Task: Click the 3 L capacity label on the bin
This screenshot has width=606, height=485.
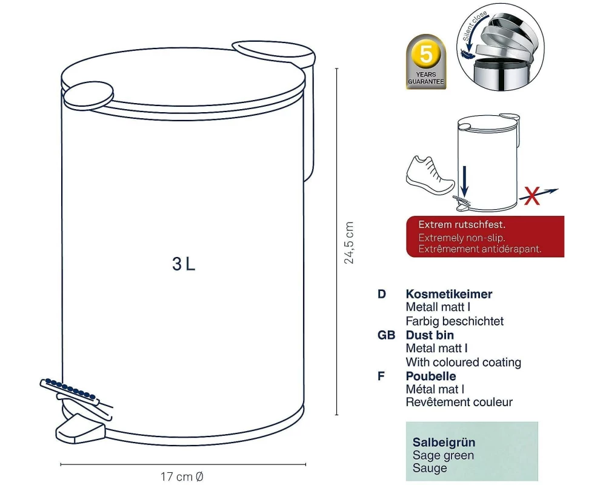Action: tap(184, 264)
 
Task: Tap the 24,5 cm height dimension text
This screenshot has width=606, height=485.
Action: tap(349, 242)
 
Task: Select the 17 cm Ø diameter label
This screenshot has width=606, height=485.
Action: tap(182, 477)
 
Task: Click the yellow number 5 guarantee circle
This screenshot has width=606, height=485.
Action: tap(426, 54)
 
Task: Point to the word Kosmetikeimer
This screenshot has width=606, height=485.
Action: tap(448, 294)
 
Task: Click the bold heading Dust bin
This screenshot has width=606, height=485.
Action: tap(430, 335)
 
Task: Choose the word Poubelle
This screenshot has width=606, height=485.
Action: tap(430, 376)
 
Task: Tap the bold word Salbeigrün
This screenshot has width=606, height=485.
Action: tap(444, 442)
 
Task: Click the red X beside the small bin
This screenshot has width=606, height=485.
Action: tap(532, 195)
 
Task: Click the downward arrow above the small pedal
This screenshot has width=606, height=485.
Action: tap(465, 181)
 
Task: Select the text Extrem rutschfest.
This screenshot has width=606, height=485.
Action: tap(462, 225)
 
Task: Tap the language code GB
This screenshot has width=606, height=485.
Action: tap(386, 335)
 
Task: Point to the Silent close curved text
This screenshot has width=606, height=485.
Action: tap(474, 26)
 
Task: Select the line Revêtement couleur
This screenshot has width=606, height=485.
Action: tap(459, 402)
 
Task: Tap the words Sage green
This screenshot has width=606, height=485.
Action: tap(443, 455)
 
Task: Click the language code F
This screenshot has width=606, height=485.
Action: tap(381, 376)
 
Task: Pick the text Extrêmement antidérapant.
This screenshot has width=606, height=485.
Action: tap(479, 249)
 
